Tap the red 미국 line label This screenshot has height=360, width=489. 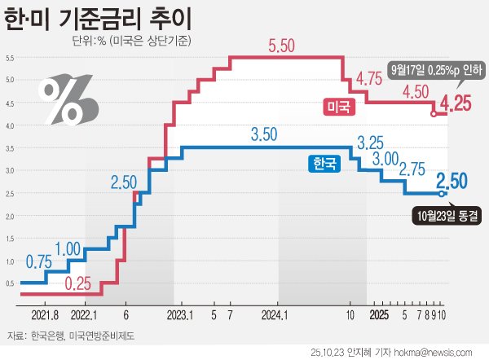tap(335, 106)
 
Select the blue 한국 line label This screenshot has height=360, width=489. tap(319, 163)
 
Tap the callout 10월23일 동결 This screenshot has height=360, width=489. tap(444, 216)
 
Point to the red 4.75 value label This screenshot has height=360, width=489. tap(370, 79)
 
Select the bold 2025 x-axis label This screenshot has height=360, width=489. tap(377, 314)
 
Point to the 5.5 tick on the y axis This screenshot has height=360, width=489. tap(9, 58)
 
